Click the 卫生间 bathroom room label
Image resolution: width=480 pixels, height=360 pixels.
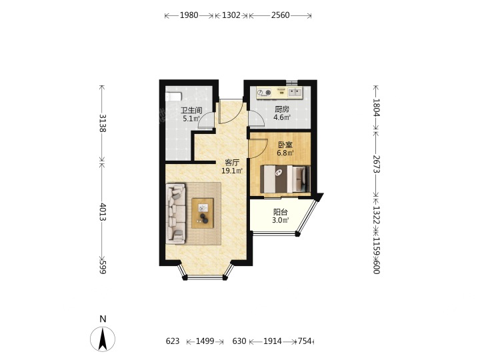click(x=191, y=111)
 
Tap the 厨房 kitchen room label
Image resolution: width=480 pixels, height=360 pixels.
click(x=281, y=109)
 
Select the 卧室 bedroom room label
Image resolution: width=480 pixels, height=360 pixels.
click(x=285, y=145)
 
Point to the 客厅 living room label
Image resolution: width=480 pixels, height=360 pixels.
click(x=232, y=163)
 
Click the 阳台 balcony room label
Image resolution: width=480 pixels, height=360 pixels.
click(x=281, y=212)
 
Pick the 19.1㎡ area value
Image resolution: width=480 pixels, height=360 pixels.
click(x=232, y=171)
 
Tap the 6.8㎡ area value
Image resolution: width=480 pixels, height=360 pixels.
click(x=285, y=153)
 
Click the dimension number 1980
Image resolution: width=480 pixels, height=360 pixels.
click(x=189, y=15)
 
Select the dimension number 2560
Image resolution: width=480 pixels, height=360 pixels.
click(x=280, y=15)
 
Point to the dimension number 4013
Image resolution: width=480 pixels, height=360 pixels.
click(x=102, y=212)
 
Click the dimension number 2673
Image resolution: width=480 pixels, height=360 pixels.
click(x=376, y=164)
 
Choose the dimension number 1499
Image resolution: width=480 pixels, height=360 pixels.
click(x=205, y=341)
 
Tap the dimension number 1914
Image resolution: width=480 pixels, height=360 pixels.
click(x=273, y=341)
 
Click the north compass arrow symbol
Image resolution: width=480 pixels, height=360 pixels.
click(x=103, y=339)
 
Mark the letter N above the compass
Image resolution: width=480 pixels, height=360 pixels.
click(x=103, y=319)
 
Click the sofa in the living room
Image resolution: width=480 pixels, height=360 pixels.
click(x=176, y=214)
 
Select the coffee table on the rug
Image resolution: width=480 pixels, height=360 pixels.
click(x=203, y=213)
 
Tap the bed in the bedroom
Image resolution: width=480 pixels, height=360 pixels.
click(x=285, y=179)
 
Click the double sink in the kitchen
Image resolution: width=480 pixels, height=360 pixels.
click(x=295, y=91)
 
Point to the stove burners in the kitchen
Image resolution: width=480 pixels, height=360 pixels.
click(x=264, y=93)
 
